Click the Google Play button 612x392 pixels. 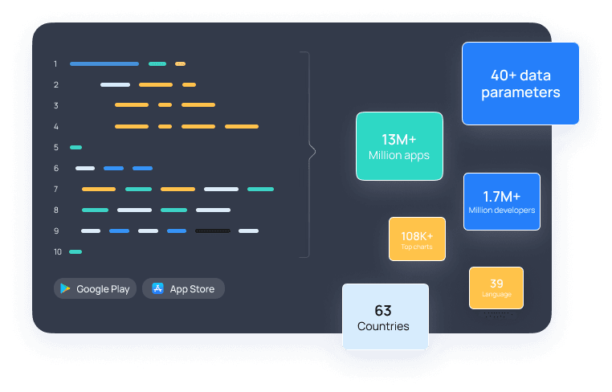pos(95,288)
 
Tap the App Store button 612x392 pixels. pos(183,288)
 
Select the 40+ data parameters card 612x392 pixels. pos(520,84)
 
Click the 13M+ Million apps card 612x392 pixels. pos(399,145)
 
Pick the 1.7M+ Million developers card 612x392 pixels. pos(501,202)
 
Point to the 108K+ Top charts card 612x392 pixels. pos(417,239)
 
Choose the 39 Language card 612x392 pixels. pos(496,288)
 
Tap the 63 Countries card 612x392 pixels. pos(386,317)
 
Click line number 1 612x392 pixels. pos(55,63)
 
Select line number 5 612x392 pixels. pos(55,148)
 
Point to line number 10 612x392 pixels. pos(57,252)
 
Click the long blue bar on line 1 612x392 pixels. pos(104,63)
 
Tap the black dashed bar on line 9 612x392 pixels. pos(213,231)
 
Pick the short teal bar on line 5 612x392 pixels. pos(76,148)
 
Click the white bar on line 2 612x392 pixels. pos(115,84)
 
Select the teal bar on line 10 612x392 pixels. pos(75,252)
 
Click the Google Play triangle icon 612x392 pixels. pos(65,288)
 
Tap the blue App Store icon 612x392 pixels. pos(157,288)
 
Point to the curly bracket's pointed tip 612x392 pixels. pos(313,150)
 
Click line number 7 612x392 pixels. pos(55,190)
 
